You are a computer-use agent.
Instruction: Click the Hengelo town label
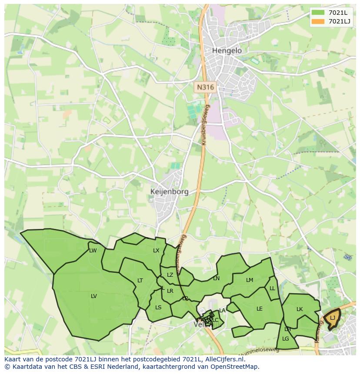[x=227, y=50]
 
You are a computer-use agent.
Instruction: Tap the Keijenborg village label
[x=169, y=192]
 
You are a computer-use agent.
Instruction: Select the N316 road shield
[x=205, y=87]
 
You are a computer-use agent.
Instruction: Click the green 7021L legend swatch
[x=318, y=13]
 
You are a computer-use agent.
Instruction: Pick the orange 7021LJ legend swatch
[x=318, y=21]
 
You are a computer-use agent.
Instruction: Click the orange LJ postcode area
[x=332, y=318]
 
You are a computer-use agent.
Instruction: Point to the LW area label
[x=93, y=251]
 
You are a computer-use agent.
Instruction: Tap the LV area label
[x=94, y=296]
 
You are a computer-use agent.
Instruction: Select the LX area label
[x=156, y=251]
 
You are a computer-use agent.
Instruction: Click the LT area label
[x=140, y=281]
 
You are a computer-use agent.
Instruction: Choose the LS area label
[x=158, y=308]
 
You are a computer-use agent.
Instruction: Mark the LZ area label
[x=170, y=275]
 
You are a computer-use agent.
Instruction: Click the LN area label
[x=216, y=278]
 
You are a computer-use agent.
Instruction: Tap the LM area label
[x=250, y=280]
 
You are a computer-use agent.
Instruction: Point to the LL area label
[x=272, y=288]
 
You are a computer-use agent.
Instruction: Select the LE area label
[x=260, y=309]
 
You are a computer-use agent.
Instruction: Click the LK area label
[x=300, y=309]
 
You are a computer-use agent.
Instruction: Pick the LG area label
[x=286, y=339]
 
